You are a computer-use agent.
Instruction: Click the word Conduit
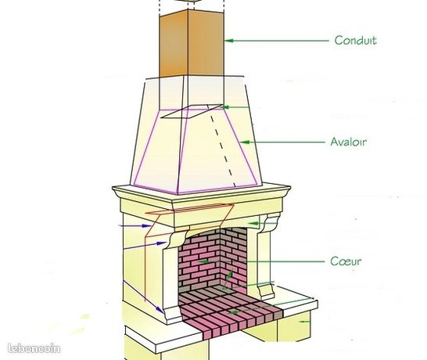coord(355,41)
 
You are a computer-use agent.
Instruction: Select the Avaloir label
coord(349,142)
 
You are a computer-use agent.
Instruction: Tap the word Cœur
coord(346,261)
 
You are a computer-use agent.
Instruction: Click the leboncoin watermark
coord(34,348)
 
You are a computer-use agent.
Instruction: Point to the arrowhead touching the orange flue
coord(229,41)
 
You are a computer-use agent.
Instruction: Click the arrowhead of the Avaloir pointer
coord(245,142)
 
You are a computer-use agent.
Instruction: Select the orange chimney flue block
coord(192,43)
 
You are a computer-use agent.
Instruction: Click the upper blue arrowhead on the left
coord(146,225)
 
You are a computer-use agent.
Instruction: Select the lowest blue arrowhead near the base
coord(160,310)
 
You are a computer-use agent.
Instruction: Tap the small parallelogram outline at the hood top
coord(192,111)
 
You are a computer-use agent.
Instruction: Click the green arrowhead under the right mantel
coord(254,224)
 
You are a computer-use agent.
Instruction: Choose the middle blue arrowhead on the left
coord(163,243)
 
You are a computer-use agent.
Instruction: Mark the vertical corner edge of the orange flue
coord(188,43)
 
